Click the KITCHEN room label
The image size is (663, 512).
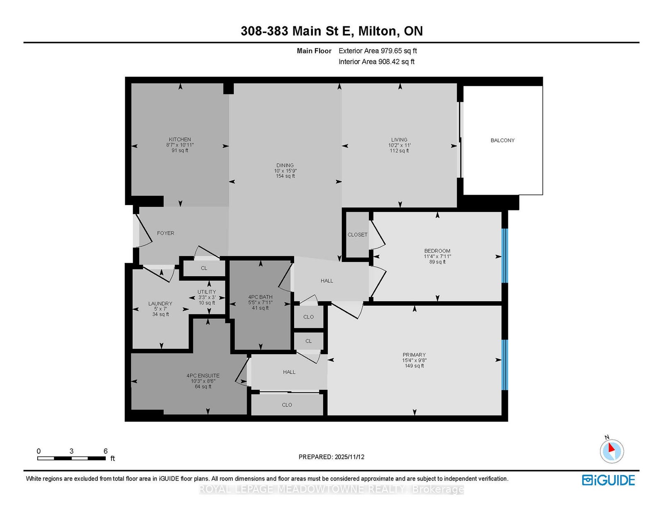tap(180, 139)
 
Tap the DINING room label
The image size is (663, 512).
tap(285, 165)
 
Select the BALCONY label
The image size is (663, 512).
tap(502, 140)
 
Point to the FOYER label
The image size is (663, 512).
tap(165, 233)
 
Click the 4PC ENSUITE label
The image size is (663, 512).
tap(203, 376)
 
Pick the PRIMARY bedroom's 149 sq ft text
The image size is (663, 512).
tap(414, 366)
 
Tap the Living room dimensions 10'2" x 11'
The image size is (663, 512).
tap(399, 145)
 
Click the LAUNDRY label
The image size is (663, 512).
tap(160, 303)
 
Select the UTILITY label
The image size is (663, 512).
tap(206, 292)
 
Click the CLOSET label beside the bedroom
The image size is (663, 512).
tap(357, 234)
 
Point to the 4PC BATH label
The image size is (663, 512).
tap(260, 297)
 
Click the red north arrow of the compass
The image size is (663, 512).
tap(611, 448)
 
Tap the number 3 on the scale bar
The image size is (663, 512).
tap(71, 451)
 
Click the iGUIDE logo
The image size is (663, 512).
tap(608, 480)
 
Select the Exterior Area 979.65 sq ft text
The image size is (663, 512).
tap(378, 51)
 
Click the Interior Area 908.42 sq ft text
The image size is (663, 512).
tap(377, 62)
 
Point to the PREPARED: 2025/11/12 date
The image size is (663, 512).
tap(331, 457)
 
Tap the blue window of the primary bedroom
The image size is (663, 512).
tap(505, 365)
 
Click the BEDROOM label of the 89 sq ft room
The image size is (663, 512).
tap(437, 251)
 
